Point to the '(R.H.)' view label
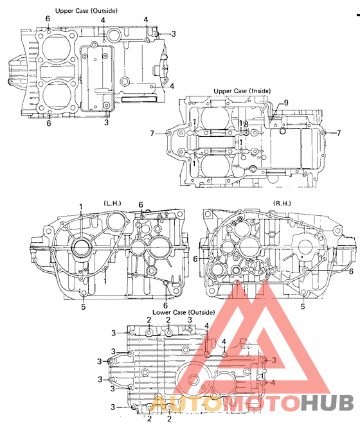tap(281, 204)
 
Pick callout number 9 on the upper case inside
tap(286, 103)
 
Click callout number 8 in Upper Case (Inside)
tap(245, 124)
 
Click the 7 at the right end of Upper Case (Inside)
tap(338, 133)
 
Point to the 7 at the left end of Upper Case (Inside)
tap(152, 133)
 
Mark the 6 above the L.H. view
tap(140, 205)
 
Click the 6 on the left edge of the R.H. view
tap(195, 258)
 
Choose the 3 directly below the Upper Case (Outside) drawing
tap(107, 122)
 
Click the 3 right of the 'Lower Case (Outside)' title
tap(190, 320)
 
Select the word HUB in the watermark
tap(328, 404)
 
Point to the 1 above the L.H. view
tap(81, 206)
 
